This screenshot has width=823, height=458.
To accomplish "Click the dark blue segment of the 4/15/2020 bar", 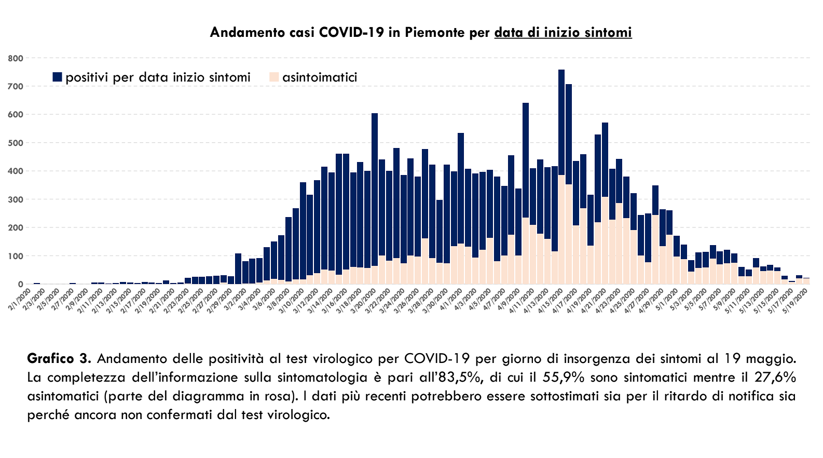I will (x=561, y=122).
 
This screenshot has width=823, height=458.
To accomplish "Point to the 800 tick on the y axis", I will (x=16, y=58).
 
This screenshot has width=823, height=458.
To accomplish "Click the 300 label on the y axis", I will (x=16, y=199).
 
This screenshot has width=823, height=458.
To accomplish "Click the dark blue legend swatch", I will (x=57, y=77).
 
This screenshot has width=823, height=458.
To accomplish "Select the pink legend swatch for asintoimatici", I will (x=273, y=77).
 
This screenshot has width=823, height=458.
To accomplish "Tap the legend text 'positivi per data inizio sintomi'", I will (x=158, y=77).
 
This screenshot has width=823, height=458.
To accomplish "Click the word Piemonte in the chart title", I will (x=434, y=33).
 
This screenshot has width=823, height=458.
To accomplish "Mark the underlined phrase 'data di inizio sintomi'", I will (x=563, y=33).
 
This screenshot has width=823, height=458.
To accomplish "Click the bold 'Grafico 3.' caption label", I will (x=59, y=359).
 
